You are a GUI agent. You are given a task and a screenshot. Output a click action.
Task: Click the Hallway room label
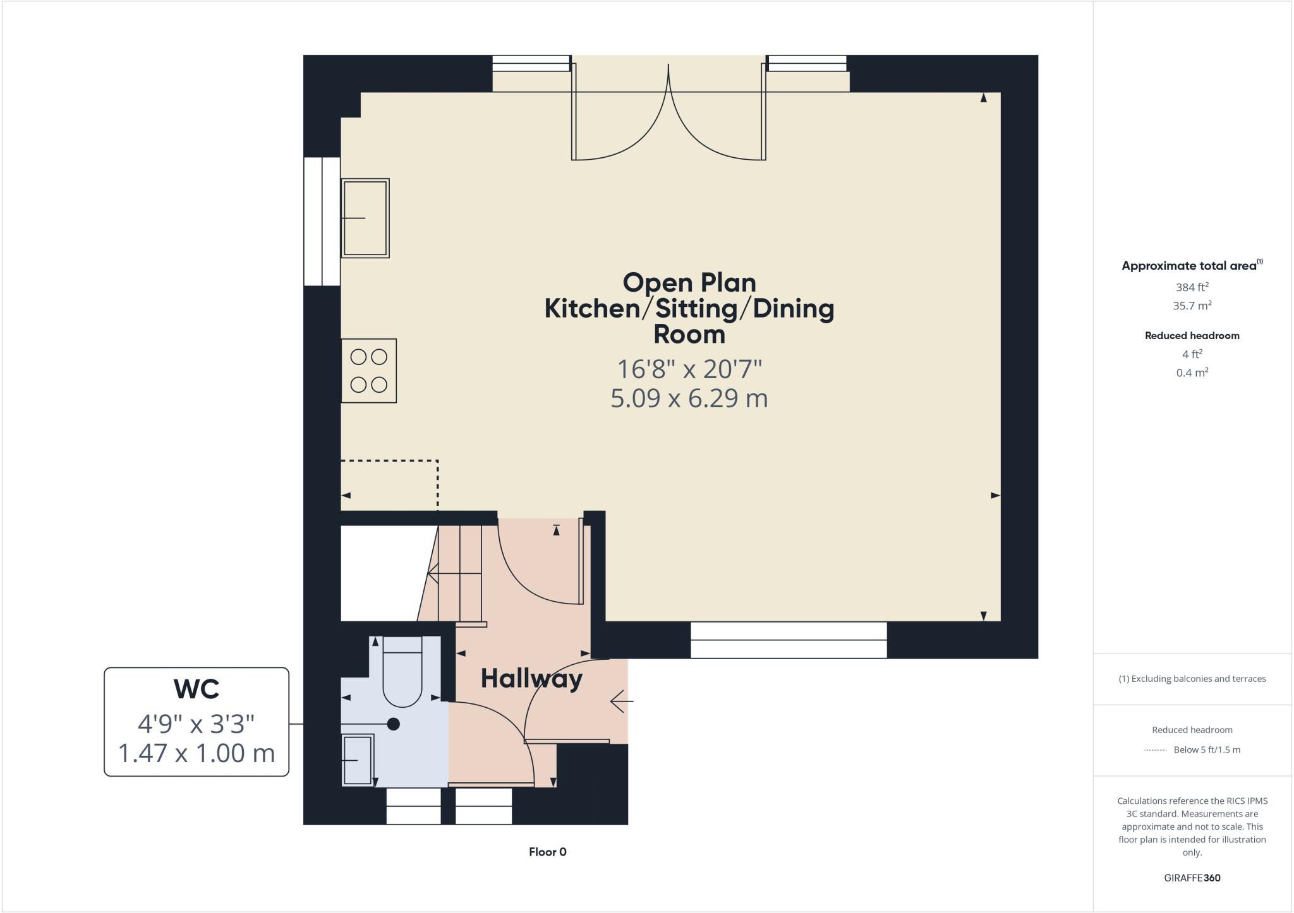pos(531,679)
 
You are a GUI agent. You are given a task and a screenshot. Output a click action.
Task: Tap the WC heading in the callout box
pos(197,689)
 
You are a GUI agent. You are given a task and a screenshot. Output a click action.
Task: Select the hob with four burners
pos(369,371)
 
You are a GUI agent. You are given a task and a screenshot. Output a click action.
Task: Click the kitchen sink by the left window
pos(365,218)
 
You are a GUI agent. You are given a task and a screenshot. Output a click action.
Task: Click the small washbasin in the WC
pos(358,760)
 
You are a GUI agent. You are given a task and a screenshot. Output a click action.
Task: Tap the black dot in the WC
pos(394,724)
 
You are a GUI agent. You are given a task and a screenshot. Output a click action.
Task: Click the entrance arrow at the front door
pos(620,701)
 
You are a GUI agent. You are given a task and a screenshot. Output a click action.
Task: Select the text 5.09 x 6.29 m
pos(689,398)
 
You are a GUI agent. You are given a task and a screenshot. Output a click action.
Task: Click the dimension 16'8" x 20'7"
pos(689,369)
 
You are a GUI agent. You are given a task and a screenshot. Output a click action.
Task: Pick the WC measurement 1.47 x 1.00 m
pos(197,753)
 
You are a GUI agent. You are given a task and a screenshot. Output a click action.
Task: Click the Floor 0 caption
pos(547,852)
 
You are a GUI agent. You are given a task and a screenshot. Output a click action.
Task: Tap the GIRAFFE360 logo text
pos(1192,878)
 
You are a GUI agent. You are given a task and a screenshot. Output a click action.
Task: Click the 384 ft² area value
pos(1192,287)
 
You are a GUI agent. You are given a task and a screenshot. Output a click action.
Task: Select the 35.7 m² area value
pos(1192,306)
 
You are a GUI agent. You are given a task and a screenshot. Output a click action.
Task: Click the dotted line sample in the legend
pos(1154,750)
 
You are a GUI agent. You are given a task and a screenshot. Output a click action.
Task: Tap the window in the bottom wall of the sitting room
pos(788,640)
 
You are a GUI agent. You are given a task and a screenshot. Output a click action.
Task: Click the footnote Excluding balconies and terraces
pos(1192,679)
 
